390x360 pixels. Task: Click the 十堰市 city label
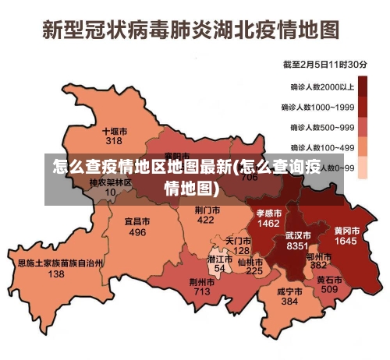(x=114, y=131)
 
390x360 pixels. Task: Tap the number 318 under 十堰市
(x=114, y=141)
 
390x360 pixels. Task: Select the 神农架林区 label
(x=110, y=182)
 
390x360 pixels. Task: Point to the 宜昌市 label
(x=137, y=221)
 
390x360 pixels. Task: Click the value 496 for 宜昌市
(x=137, y=232)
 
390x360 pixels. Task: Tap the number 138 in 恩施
(x=56, y=274)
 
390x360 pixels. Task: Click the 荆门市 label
(x=207, y=210)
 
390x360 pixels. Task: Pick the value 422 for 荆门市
(x=205, y=221)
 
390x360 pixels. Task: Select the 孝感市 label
(x=269, y=212)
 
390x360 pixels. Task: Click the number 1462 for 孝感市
(x=269, y=223)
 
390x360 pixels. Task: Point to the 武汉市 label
(x=297, y=235)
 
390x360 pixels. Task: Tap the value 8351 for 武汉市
(x=297, y=245)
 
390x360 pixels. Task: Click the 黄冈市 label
(x=346, y=231)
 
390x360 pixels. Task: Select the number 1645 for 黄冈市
(x=346, y=242)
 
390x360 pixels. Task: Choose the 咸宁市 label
(x=289, y=291)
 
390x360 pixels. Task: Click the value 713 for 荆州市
(x=202, y=291)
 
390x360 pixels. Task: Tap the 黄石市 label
(x=329, y=279)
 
